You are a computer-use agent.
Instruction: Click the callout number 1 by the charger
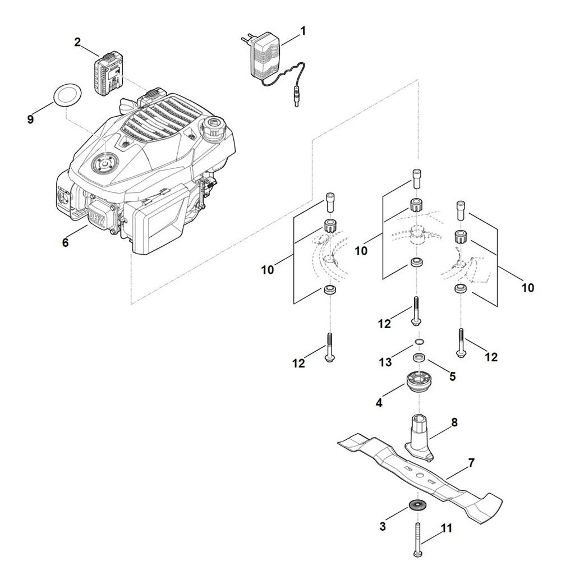(x=303, y=31)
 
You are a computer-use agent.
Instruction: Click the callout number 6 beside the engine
(x=65, y=242)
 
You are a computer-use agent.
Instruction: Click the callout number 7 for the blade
(x=471, y=463)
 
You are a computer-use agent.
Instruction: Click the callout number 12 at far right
(x=491, y=357)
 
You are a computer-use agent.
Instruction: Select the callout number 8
(x=454, y=422)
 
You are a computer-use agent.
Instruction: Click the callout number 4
(x=379, y=402)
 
